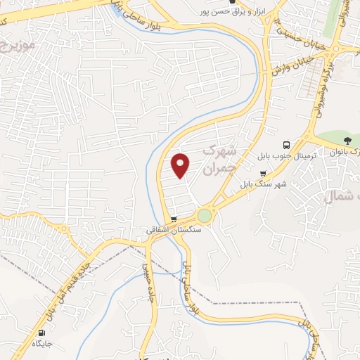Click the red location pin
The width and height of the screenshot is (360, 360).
[181, 165]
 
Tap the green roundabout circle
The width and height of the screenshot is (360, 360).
[204, 215]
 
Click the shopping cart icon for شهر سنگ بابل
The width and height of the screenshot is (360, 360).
[263, 173]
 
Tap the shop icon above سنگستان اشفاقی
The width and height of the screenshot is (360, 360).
[174, 219]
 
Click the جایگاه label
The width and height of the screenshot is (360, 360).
[43, 344]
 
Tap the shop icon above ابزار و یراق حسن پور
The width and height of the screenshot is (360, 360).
[232, 2]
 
